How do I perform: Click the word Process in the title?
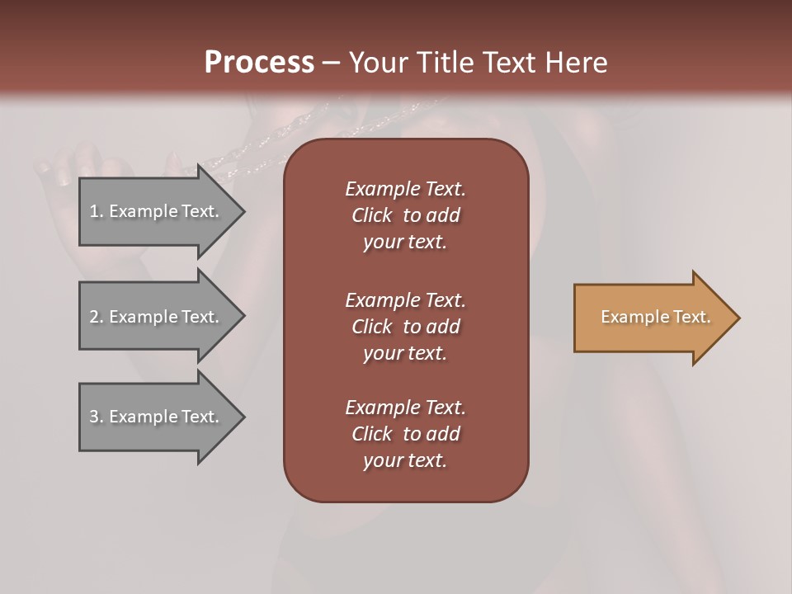click(259, 63)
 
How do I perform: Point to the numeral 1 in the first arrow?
click(94, 211)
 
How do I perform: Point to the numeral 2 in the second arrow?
click(94, 317)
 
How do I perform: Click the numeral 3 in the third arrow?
click(94, 417)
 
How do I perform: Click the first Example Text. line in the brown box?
click(405, 189)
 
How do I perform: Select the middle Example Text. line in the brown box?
click(405, 300)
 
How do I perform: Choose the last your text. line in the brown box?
click(405, 461)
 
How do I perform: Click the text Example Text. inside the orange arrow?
click(655, 317)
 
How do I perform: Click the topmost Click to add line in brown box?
click(405, 215)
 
